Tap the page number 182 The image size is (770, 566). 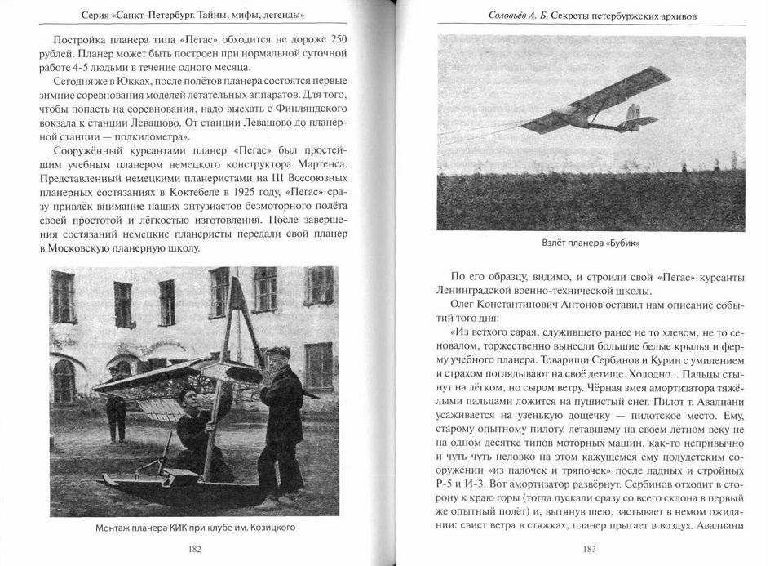pos(194,548)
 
